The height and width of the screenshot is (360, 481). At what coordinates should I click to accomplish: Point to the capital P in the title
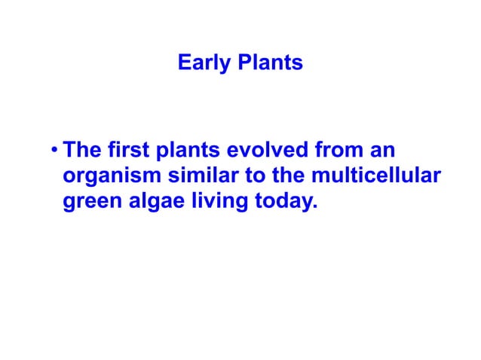pyautogui.click(x=244, y=63)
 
